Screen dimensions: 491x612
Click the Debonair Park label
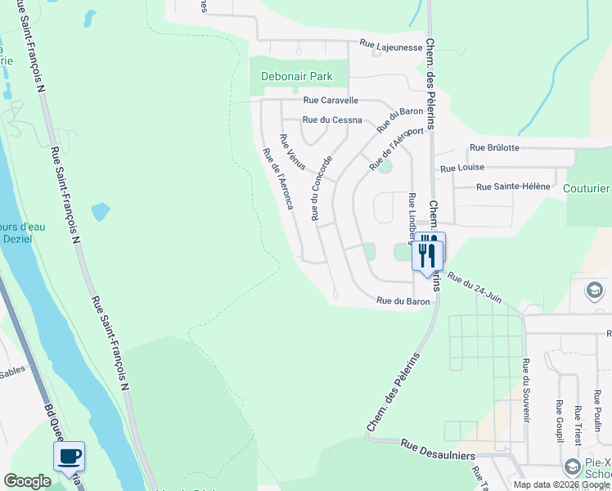(x=296, y=76)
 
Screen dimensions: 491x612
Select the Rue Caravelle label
(x=331, y=101)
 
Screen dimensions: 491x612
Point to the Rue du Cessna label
(x=332, y=119)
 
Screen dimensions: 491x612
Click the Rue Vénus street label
(x=292, y=152)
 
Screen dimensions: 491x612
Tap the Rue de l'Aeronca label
(x=277, y=178)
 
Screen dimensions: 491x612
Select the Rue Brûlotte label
(x=493, y=148)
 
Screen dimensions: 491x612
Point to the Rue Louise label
(x=462, y=168)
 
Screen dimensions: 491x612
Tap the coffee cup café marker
(x=70, y=456)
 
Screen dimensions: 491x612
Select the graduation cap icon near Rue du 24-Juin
(x=594, y=291)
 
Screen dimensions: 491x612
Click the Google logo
(x=27, y=481)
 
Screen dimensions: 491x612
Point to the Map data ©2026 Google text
(x=561, y=484)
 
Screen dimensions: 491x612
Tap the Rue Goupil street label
(x=560, y=421)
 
